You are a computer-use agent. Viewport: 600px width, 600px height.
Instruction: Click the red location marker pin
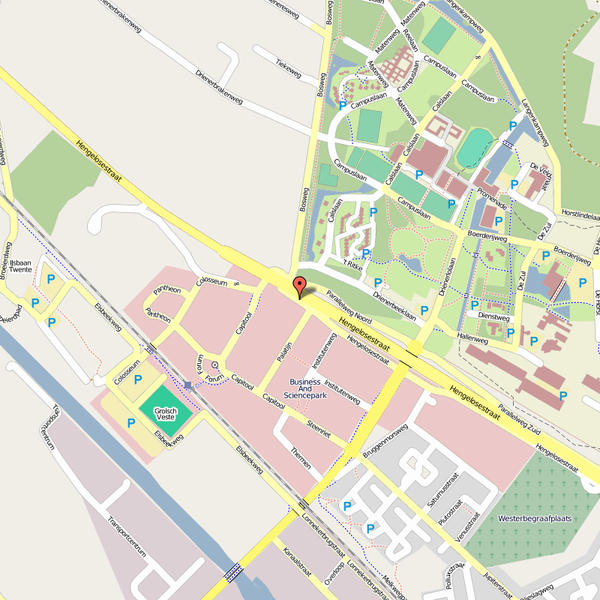pyautogui.click(x=299, y=286)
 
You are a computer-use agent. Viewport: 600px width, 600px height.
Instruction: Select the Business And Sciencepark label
pyautogui.click(x=305, y=388)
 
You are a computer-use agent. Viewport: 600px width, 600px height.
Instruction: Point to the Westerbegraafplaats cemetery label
pyautogui.click(x=529, y=518)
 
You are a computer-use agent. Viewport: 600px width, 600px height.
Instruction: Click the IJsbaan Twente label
pyautogui.click(x=20, y=265)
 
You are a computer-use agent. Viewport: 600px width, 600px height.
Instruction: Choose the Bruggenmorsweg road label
pyautogui.click(x=384, y=443)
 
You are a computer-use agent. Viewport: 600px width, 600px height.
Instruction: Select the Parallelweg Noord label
pyautogui.click(x=348, y=307)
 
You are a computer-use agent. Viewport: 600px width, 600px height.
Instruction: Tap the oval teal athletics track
pyautogui.click(x=475, y=147)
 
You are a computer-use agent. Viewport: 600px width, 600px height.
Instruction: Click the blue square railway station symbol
pyautogui.click(x=188, y=385)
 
